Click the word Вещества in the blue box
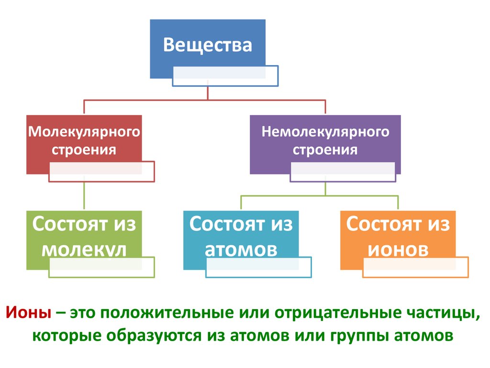click(207, 46)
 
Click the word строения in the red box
click(84, 149)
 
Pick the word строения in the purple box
click(325, 149)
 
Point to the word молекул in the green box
click(84, 250)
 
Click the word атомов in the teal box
click(241, 249)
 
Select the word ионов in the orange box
click(398, 249)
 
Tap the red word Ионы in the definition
click(29, 314)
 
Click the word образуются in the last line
click(155, 335)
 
